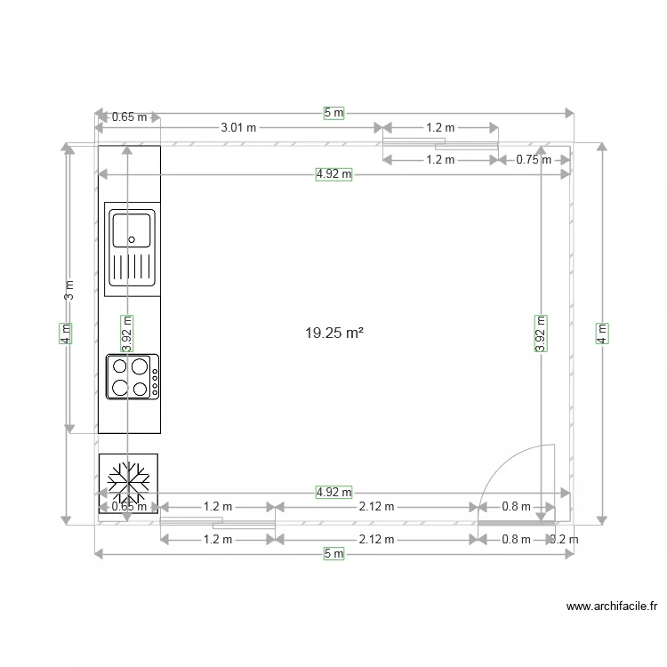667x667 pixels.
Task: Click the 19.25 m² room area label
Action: (334, 333)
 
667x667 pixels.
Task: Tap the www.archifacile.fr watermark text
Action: (612, 607)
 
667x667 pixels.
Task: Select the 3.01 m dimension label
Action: (238, 127)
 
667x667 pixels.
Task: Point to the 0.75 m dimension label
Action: (534, 160)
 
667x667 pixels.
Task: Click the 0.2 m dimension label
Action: (564, 539)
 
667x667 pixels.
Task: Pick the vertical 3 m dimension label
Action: (70, 290)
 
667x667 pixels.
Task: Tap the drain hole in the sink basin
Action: (132, 238)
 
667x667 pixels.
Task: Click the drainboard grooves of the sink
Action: (132, 267)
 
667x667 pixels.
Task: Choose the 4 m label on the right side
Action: (603, 333)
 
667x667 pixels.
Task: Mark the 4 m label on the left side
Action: (65, 333)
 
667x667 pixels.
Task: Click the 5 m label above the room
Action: (333, 113)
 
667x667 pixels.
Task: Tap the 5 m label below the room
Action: (333, 554)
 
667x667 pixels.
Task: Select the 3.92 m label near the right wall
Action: (540, 333)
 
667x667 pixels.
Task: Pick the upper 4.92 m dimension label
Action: (333, 175)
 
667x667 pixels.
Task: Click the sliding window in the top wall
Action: (440, 142)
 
